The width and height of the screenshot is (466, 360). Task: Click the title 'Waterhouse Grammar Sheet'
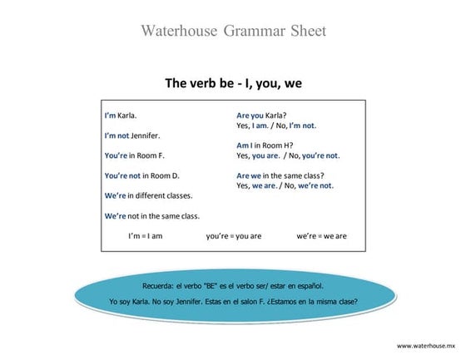(x=233, y=32)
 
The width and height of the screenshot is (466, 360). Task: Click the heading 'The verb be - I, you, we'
(x=232, y=83)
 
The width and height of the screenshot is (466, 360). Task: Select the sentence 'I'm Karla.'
(x=121, y=116)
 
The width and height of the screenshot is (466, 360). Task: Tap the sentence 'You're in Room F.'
(x=134, y=155)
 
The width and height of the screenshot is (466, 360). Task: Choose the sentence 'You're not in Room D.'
(x=141, y=175)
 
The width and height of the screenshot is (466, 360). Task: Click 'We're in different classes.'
(x=148, y=195)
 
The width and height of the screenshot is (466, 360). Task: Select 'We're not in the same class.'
(x=151, y=216)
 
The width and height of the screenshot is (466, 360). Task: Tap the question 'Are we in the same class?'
(x=280, y=175)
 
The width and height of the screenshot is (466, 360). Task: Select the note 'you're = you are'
(x=234, y=236)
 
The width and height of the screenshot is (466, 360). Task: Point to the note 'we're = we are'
(x=321, y=236)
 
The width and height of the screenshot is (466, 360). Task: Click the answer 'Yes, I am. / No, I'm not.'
(x=276, y=126)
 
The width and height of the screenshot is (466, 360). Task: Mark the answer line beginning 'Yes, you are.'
(x=288, y=155)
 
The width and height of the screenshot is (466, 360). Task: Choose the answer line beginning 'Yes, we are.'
(x=285, y=185)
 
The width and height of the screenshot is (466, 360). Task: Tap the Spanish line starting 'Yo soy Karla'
(x=233, y=301)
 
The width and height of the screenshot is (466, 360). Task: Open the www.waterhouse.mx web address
(x=427, y=345)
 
